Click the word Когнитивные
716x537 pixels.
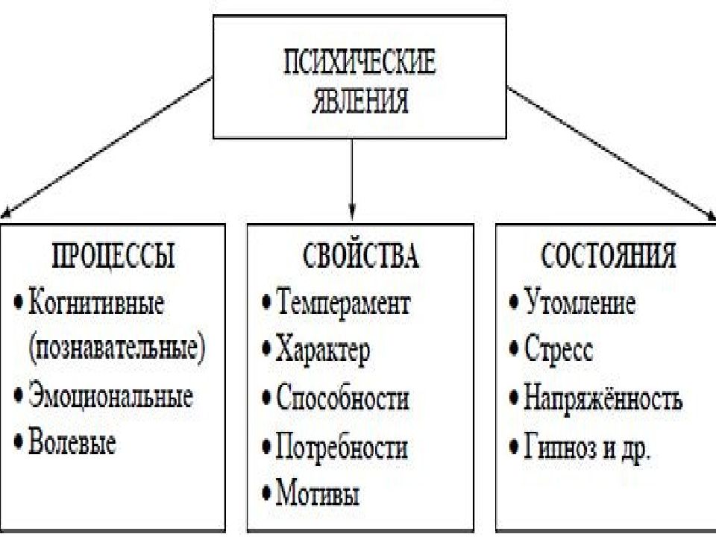(x=96, y=303)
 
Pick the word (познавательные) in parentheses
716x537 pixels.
(x=116, y=349)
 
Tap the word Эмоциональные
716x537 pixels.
(x=110, y=396)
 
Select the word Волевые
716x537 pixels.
(x=72, y=442)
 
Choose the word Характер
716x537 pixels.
(x=323, y=351)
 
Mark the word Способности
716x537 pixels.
(x=342, y=397)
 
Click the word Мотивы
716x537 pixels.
(x=318, y=493)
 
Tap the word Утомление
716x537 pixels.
(x=580, y=302)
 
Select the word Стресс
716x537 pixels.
(x=559, y=350)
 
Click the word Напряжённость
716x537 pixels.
(x=603, y=398)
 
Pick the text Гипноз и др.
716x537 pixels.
(x=587, y=447)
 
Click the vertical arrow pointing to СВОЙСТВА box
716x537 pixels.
(x=351, y=180)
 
